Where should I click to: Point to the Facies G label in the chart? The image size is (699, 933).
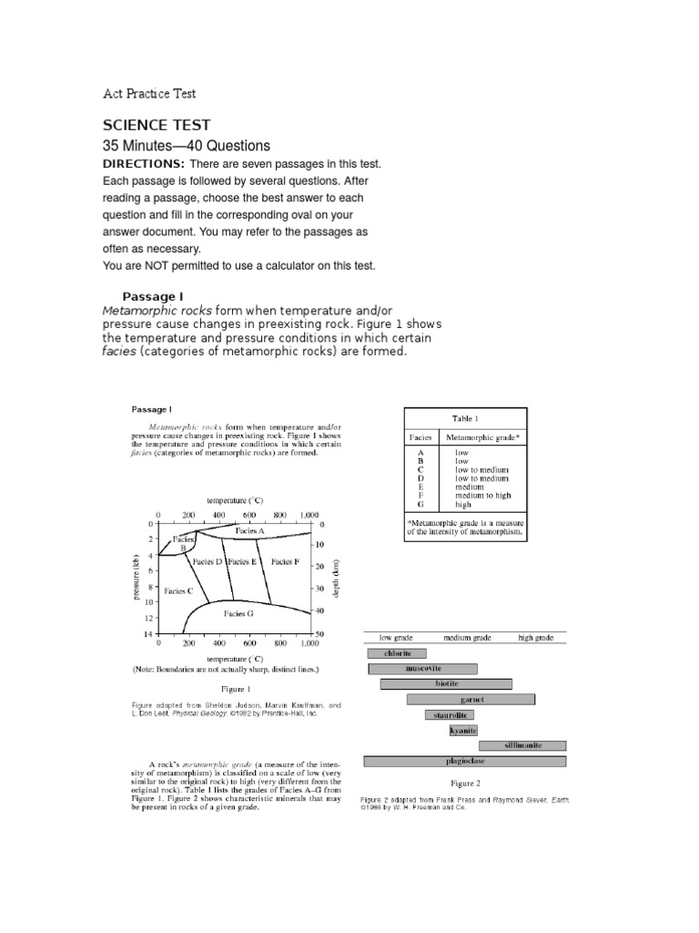[x=238, y=614]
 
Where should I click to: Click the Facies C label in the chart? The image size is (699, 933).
[x=178, y=590]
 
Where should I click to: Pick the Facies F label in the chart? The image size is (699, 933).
[x=285, y=562]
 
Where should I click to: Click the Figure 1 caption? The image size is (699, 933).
[x=236, y=689]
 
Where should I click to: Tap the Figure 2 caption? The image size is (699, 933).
[x=465, y=783]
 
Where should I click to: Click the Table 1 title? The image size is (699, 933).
[x=464, y=418]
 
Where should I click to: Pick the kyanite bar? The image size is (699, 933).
[x=463, y=730]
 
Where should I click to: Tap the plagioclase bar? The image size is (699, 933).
[x=464, y=761]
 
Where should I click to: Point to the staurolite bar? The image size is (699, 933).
[x=449, y=714]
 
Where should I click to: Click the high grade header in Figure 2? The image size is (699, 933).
[x=535, y=638]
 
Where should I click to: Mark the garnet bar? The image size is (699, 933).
[x=470, y=699]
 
